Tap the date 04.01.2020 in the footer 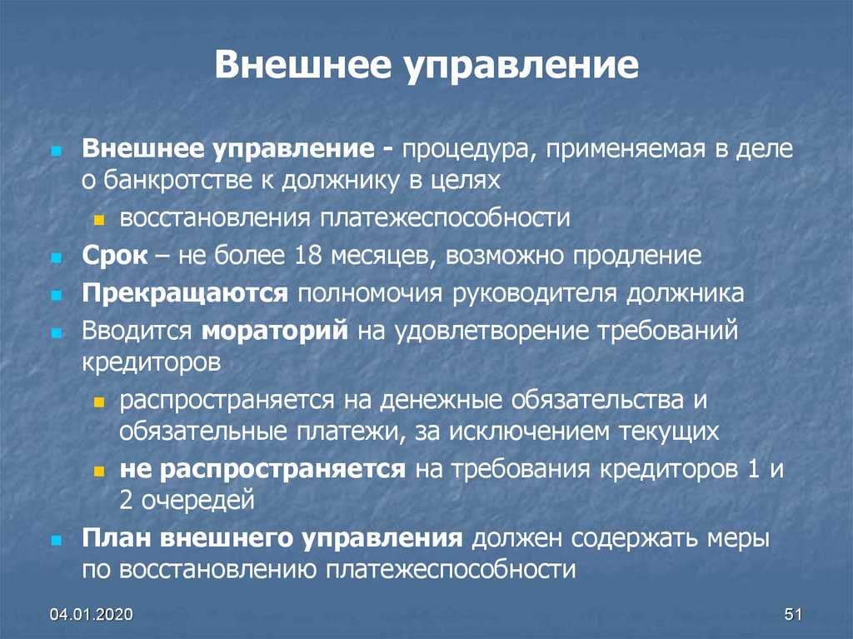coord(91,614)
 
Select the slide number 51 coord(793,614)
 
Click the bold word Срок coord(115,256)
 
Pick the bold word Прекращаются coord(185,294)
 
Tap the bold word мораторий coord(275,331)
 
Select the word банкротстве coord(177,180)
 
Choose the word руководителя coord(534,294)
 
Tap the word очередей coord(198,501)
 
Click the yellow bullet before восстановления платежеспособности coord(98,220)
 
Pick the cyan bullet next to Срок coord(56,257)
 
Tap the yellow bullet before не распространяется coord(98,471)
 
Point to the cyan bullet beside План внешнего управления coord(56,540)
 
